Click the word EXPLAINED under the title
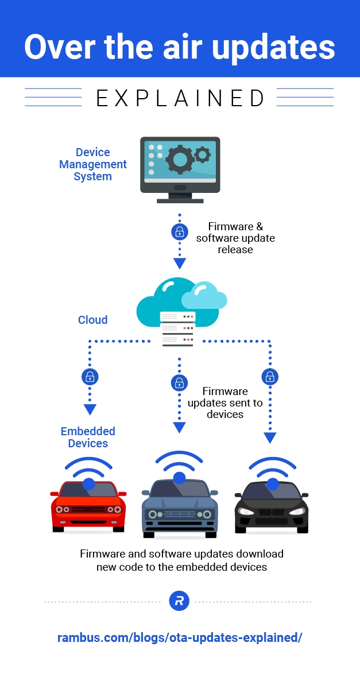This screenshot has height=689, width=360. point(180,98)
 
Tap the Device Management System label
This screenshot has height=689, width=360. point(92,164)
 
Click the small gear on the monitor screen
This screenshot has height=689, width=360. point(202,154)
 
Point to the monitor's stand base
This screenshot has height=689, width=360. point(180,200)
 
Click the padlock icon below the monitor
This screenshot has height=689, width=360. point(180,232)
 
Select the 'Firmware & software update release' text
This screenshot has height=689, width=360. point(235,238)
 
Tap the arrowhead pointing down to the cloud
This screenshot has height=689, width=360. point(180,264)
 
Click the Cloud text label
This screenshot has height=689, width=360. point(92,320)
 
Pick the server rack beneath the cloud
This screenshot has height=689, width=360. point(178,329)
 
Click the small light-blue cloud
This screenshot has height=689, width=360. point(204,297)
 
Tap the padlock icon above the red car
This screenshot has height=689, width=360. point(90,377)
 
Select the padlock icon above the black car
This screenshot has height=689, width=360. point(270,377)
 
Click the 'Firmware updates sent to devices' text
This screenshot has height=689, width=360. point(225,402)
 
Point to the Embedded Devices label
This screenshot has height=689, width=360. point(88,437)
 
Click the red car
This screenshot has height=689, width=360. point(88,505)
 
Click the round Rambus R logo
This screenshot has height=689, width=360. point(179,601)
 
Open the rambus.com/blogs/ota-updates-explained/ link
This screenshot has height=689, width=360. point(180,637)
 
